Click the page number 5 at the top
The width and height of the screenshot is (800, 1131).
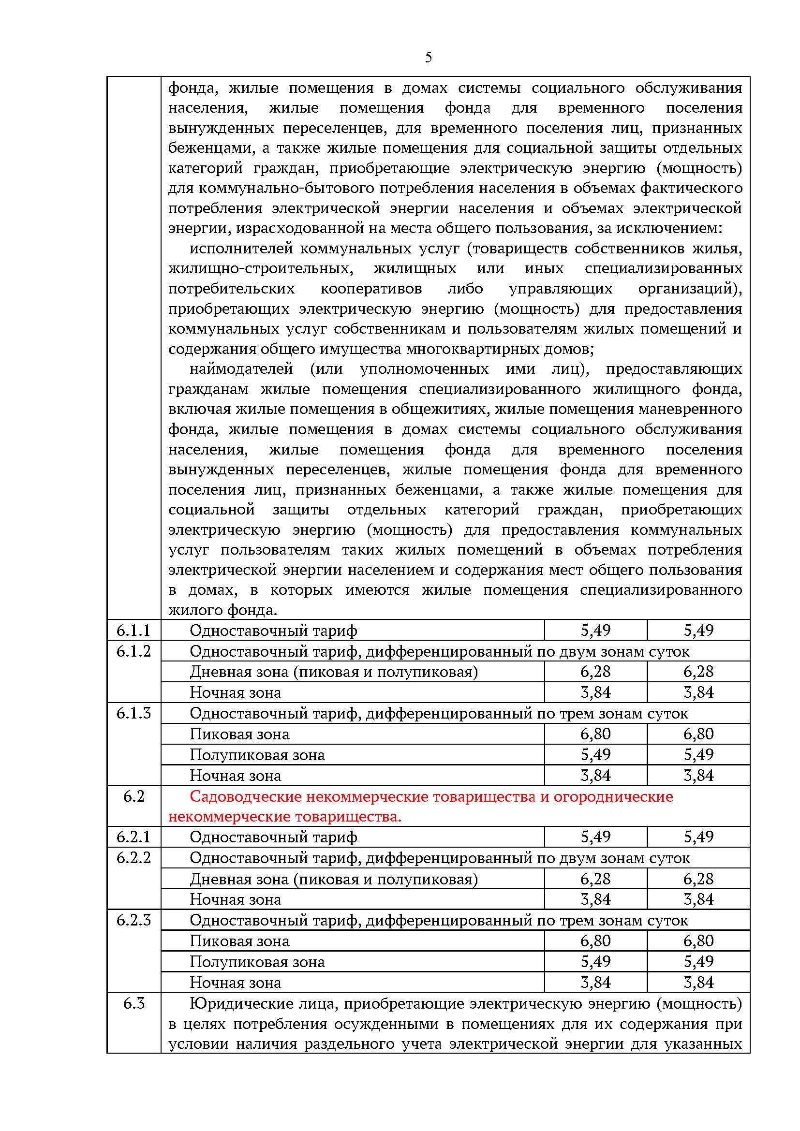pos(428,58)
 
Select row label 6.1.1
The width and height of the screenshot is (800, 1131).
pos(133,630)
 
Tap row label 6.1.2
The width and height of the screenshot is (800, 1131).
pos(133,651)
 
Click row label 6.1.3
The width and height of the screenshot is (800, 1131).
pos(133,713)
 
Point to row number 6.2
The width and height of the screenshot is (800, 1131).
pos(133,796)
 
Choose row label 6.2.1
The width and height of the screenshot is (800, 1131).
pos(133,837)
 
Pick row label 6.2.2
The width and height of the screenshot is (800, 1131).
pos(133,858)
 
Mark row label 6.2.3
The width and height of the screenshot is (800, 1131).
pos(133,920)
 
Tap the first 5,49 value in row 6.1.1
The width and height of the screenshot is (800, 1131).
pos(595,630)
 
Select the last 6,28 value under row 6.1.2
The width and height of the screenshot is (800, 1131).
pos(698,672)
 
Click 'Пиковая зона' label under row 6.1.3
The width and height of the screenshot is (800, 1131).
pos(239,734)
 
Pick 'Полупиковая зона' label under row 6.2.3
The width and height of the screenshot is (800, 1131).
pos(257,962)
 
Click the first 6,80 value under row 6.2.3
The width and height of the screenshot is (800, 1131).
pos(595,941)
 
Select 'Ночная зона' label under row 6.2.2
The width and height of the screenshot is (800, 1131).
pos(236,899)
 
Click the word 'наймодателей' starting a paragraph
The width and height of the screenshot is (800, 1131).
pos(241,369)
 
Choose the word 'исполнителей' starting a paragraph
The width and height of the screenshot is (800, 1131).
pos(241,248)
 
